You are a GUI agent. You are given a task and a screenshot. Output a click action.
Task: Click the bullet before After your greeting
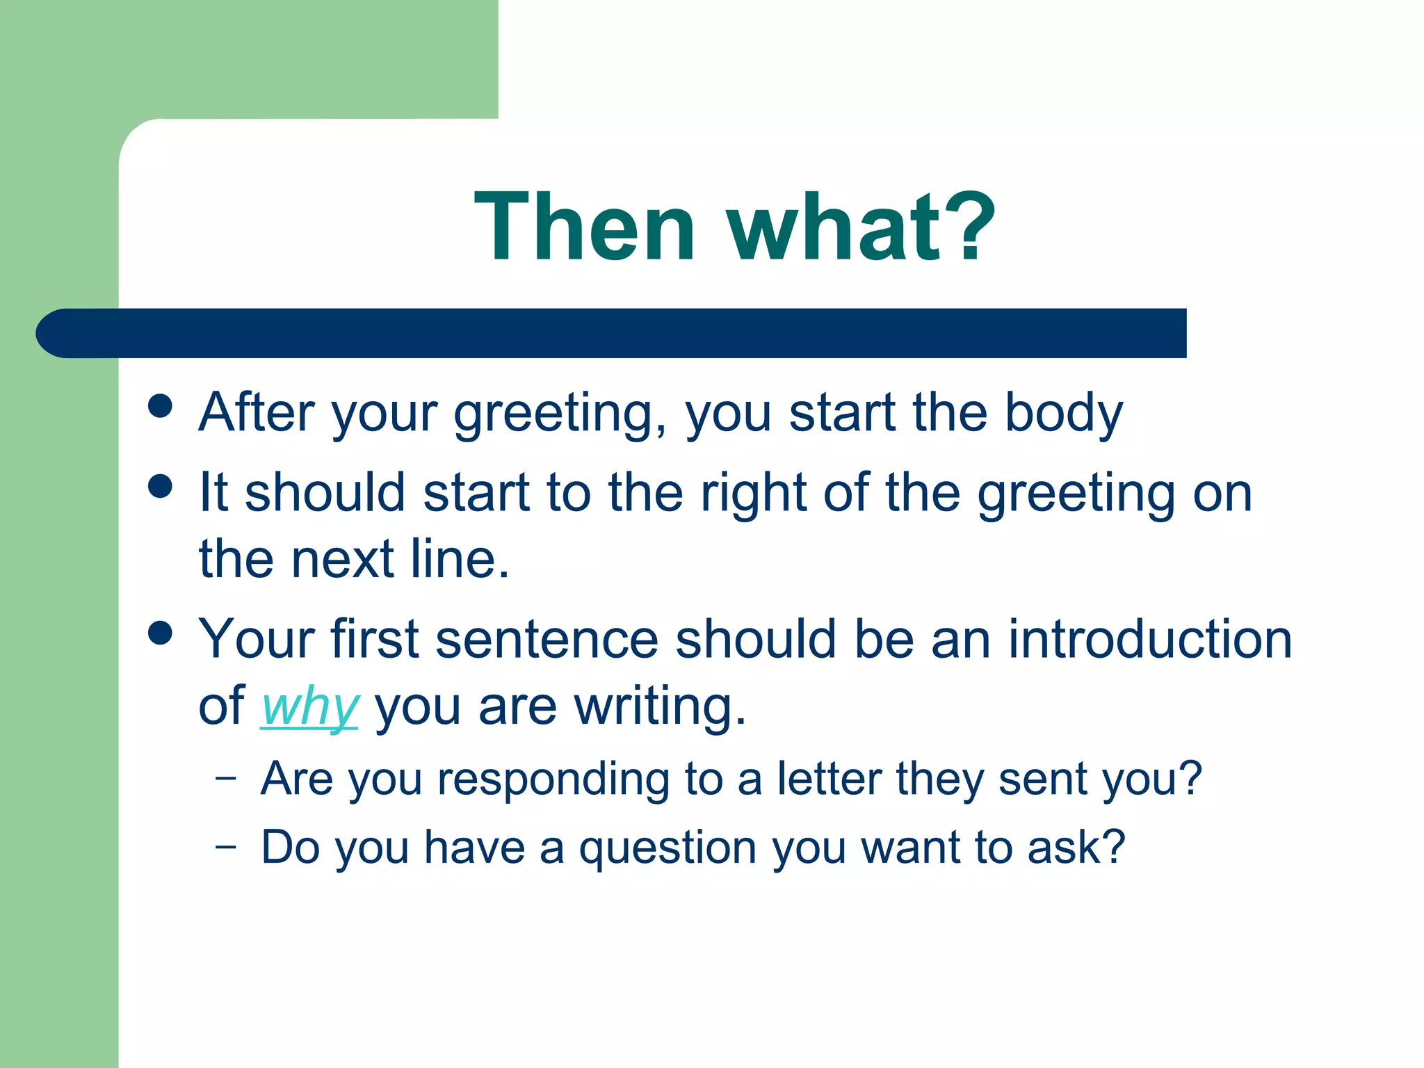(x=161, y=406)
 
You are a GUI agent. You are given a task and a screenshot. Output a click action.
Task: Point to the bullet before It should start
(x=161, y=486)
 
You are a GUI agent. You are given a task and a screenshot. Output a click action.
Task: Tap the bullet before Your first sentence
(x=161, y=633)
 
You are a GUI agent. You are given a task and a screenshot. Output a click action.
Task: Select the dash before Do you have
(x=225, y=847)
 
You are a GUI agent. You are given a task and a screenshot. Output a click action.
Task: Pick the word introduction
(x=1150, y=639)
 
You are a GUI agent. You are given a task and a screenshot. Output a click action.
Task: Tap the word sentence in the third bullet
(x=547, y=639)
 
